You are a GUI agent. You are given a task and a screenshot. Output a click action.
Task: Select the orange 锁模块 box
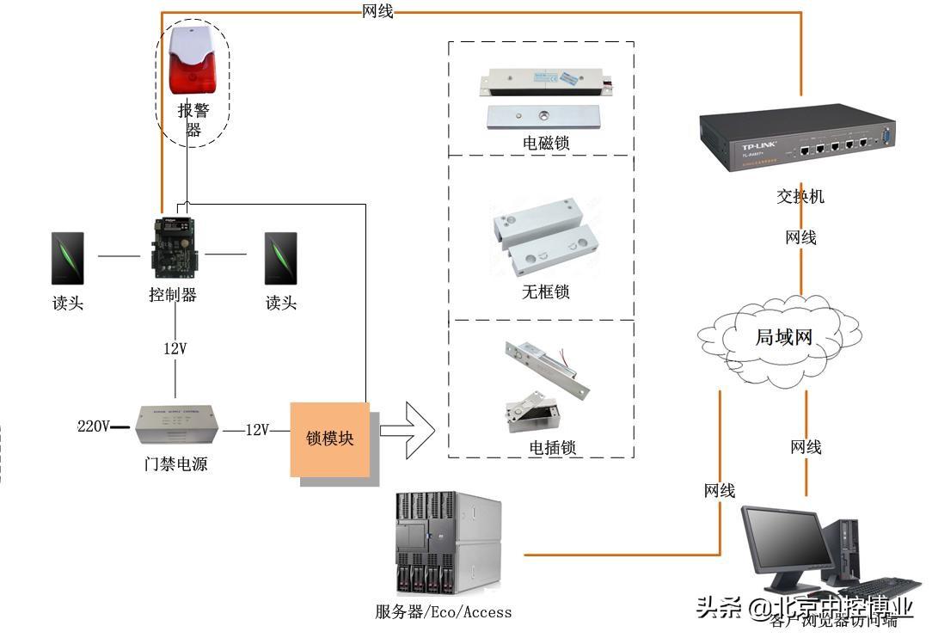330,439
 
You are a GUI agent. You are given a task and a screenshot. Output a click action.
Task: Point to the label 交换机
800,196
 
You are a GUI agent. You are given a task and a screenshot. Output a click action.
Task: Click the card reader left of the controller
68,258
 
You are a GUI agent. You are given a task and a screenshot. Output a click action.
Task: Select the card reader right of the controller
281,258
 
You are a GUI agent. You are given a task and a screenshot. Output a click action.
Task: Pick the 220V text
94,426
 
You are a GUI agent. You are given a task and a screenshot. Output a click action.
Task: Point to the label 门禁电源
175,464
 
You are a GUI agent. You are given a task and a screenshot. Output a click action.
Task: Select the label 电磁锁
546,143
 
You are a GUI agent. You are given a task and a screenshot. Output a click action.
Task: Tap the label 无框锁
545,291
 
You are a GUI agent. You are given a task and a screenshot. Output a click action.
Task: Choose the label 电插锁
552,447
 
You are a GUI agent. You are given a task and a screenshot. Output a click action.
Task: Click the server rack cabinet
448,543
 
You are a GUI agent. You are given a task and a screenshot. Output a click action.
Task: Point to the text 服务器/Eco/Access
443,612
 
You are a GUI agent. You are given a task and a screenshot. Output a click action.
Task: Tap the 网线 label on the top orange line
378,11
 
